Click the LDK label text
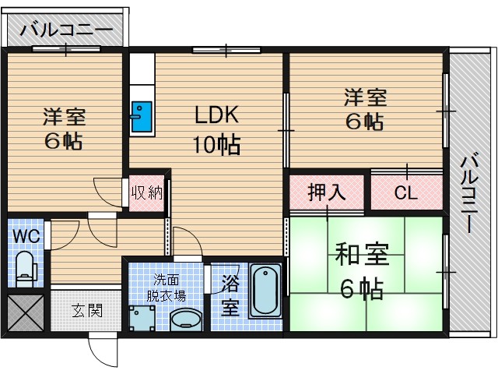[216, 115]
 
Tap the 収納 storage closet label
[146, 192]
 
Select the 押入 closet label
[327, 192]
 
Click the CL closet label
[405, 192]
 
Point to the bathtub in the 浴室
[267, 290]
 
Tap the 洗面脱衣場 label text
[168, 288]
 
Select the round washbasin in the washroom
[185, 319]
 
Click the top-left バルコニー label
[66, 31]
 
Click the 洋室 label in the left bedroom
[64, 117]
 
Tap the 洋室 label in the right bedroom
[365, 99]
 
